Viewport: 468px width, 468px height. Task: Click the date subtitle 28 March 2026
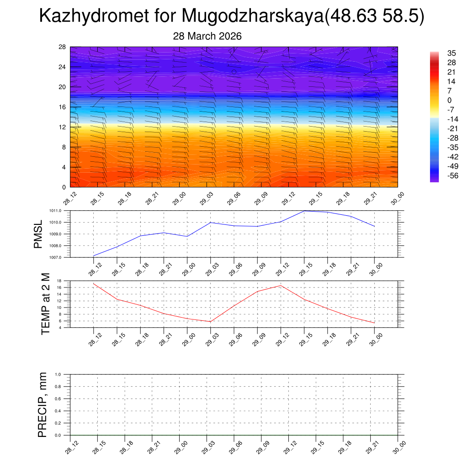[x=207, y=36]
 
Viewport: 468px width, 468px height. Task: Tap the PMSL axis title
[x=38, y=234]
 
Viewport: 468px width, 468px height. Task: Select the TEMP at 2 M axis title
[x=45, y=303]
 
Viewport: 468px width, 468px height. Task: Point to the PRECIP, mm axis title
[x=43, y=404]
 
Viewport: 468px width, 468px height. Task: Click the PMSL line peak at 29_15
[x=304, y=211]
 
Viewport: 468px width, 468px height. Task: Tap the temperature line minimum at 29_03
[x=210, y=322]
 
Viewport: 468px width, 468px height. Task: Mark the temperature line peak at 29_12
[x=281, y=286]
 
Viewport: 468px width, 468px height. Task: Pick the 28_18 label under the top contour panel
[x=124, y=198]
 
